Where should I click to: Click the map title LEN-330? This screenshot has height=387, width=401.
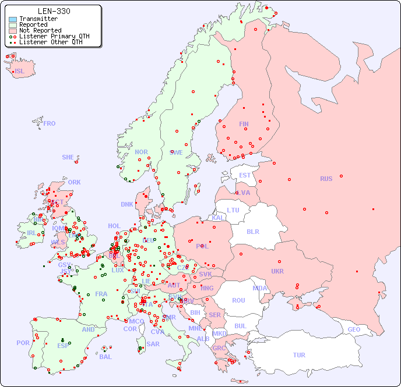[54, 11]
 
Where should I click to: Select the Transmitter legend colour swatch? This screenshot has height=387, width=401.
[13, 19]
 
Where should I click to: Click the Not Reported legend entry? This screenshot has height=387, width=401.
[40, 31]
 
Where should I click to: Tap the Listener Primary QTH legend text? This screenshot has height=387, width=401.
[54, 37]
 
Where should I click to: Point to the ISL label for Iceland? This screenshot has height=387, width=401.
[20, 72]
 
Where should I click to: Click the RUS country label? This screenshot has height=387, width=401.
[326, 179]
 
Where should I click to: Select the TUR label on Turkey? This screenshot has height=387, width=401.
[299, 355]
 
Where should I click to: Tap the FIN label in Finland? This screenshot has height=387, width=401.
[244, 124]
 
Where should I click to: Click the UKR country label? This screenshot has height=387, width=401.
[277, 271]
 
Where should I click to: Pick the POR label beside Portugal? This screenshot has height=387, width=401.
[23, 343]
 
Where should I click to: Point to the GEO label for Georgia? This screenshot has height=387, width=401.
[354, 329]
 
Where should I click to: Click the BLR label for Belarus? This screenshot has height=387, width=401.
[252, 231]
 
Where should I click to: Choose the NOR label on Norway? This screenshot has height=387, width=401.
[141, 152]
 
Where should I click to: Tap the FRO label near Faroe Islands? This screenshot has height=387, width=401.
[50, 123]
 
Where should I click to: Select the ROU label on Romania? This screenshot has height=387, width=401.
[238, 300]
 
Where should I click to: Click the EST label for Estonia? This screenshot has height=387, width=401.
[245, 175]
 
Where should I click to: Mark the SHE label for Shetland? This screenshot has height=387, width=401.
[68, 157]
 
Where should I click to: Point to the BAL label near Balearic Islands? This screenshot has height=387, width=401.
[105, 357]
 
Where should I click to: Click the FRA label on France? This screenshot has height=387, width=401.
[101, 294]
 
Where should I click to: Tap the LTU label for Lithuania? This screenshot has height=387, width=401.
[233, 210]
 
